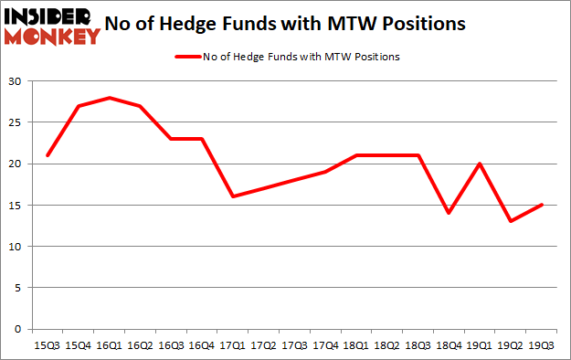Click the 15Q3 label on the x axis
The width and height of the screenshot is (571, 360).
(x=47, y=346)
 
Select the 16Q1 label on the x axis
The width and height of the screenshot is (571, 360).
(x=109, y=346)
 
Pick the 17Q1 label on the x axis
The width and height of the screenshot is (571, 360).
(x=233, y=346)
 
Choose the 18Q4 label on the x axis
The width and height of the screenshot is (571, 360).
(x=449, y=346)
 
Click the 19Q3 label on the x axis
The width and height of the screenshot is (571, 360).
(x=541, y=346)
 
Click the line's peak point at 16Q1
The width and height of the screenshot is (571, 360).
(x=109, y=98)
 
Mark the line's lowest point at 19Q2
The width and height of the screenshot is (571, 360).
(x=511, y=221)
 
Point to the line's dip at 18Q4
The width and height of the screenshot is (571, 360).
(x=449, y=213)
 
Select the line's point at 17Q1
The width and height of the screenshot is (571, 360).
(x=233, y=196)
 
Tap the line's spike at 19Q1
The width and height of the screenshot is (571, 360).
(x=480, y=164)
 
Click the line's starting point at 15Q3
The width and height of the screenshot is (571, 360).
(x=47, y=155)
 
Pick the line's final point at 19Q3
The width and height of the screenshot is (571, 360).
(x=541, y=205)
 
